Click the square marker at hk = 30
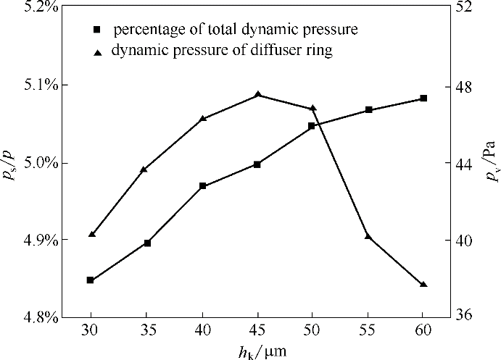click(91, 280)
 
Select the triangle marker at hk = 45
click(258, 95)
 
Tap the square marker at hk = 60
click(423, 99)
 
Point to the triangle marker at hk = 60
click(423, 284)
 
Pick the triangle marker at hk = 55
click(368, 236)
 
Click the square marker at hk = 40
click(203, 186)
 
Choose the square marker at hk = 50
click(312, 126)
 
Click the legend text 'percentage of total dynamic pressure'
click(236, 30)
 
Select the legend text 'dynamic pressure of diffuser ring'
click(222, 51)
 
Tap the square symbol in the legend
click(97, 31)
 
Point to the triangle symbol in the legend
click(97, 52)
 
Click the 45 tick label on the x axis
click(258, 330)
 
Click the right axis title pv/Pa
click(492, 164)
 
